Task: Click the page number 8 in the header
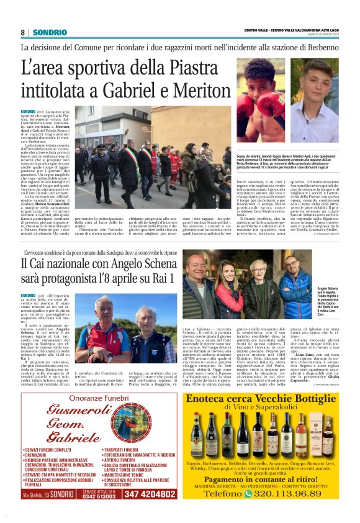point(22,32)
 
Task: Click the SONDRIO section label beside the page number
point(47,32)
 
